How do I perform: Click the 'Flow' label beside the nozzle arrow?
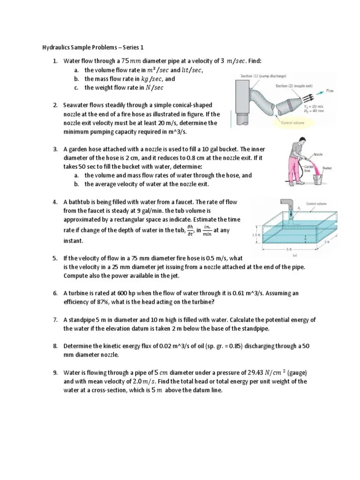coord(330,91)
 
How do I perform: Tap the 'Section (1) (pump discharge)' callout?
coord(263,76)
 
